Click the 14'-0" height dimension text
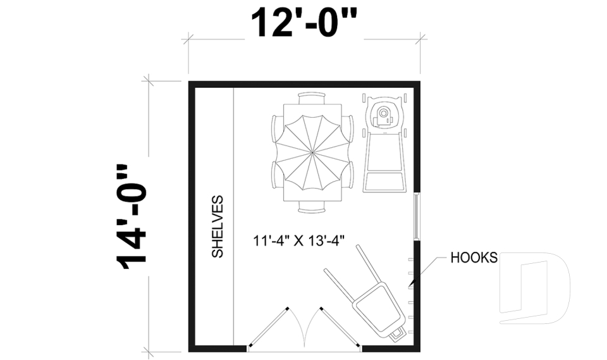tap(132, 217)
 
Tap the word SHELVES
tap(218, 227)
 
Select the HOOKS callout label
tap(474, 258)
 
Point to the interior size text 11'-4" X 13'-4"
tap(298, 240)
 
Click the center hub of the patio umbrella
tap(312, 152)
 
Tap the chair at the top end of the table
tap(312, 97)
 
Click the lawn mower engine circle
tap(383, 113)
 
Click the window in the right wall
tap(417, 216)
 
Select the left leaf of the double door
tap(269, 328)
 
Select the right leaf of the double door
tap(340, 328)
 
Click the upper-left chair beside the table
tap(276, 129)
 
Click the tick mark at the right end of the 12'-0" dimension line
tap(420, 39)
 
